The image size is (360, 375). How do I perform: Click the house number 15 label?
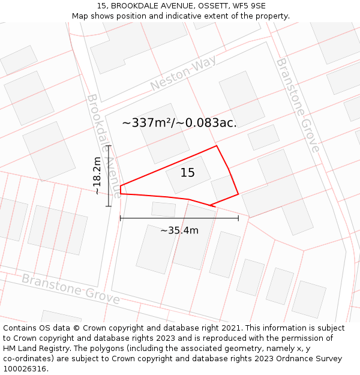click(188, 173)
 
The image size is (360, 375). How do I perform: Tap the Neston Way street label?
click(183, 75)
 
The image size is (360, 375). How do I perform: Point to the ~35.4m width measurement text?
click(179, 230)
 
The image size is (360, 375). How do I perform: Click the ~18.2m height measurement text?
click(97, 175)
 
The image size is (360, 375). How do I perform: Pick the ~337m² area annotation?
click(179, 123)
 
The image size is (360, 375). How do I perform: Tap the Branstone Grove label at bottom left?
click(70, 289)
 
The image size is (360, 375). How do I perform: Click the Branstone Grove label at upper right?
click(298, 105)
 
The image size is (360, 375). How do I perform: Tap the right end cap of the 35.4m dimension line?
click(238, 218)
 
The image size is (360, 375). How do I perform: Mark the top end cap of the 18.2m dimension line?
click(109, 146)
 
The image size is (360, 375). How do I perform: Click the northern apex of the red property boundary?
click(217, 146)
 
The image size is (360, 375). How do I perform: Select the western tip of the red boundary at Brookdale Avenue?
click(121, 187)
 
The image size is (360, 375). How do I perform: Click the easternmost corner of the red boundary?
click(238, 194)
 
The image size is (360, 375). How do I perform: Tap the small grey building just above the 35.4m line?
click(163, 209)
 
